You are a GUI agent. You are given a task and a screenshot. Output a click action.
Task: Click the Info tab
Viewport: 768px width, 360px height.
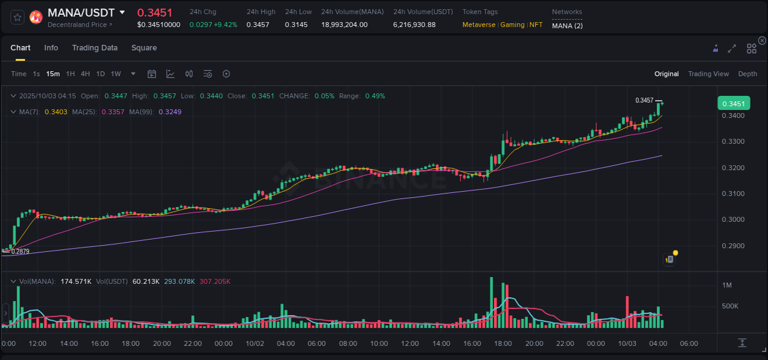click(x=51, y=48)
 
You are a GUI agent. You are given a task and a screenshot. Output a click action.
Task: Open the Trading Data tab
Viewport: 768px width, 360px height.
click(x=95, y=48)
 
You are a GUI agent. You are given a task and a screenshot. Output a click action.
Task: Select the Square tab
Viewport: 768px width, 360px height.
click(x=144, y=48)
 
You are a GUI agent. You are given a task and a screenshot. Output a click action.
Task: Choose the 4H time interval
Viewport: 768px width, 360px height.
click(x=85, y=74)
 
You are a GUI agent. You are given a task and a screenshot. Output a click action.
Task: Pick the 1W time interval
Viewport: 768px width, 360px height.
click(x=116, y=74)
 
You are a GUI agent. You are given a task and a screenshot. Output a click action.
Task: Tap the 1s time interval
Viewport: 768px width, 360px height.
click(x=36, y=74)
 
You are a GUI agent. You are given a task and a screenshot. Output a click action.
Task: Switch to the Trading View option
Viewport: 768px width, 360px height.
click(x=708, y=74)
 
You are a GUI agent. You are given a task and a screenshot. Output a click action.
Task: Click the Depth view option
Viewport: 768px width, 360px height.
click(x=748, y=74)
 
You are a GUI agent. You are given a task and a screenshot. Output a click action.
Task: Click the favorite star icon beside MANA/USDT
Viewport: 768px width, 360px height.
click(x=17, y=17)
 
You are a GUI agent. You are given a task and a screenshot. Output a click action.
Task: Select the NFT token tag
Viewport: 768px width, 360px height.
click(x=536, y=25)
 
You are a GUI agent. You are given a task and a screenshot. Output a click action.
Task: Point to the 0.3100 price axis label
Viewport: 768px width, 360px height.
click(x=732, y=194)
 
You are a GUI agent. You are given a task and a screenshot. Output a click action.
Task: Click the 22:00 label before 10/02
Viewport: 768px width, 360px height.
click(x=192, y=343)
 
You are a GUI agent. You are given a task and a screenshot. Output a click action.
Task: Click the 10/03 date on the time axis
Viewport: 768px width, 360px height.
click(x=627, y=343)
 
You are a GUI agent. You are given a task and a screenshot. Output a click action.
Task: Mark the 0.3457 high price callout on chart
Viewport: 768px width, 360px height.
click(x=644, y=100)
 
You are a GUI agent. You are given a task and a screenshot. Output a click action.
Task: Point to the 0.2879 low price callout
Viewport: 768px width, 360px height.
click(x=20, y=251)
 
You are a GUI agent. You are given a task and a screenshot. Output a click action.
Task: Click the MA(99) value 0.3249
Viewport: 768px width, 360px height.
click(x=170, y=112)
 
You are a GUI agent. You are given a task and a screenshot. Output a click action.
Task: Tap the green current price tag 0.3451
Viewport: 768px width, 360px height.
click(x=734, y=103)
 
